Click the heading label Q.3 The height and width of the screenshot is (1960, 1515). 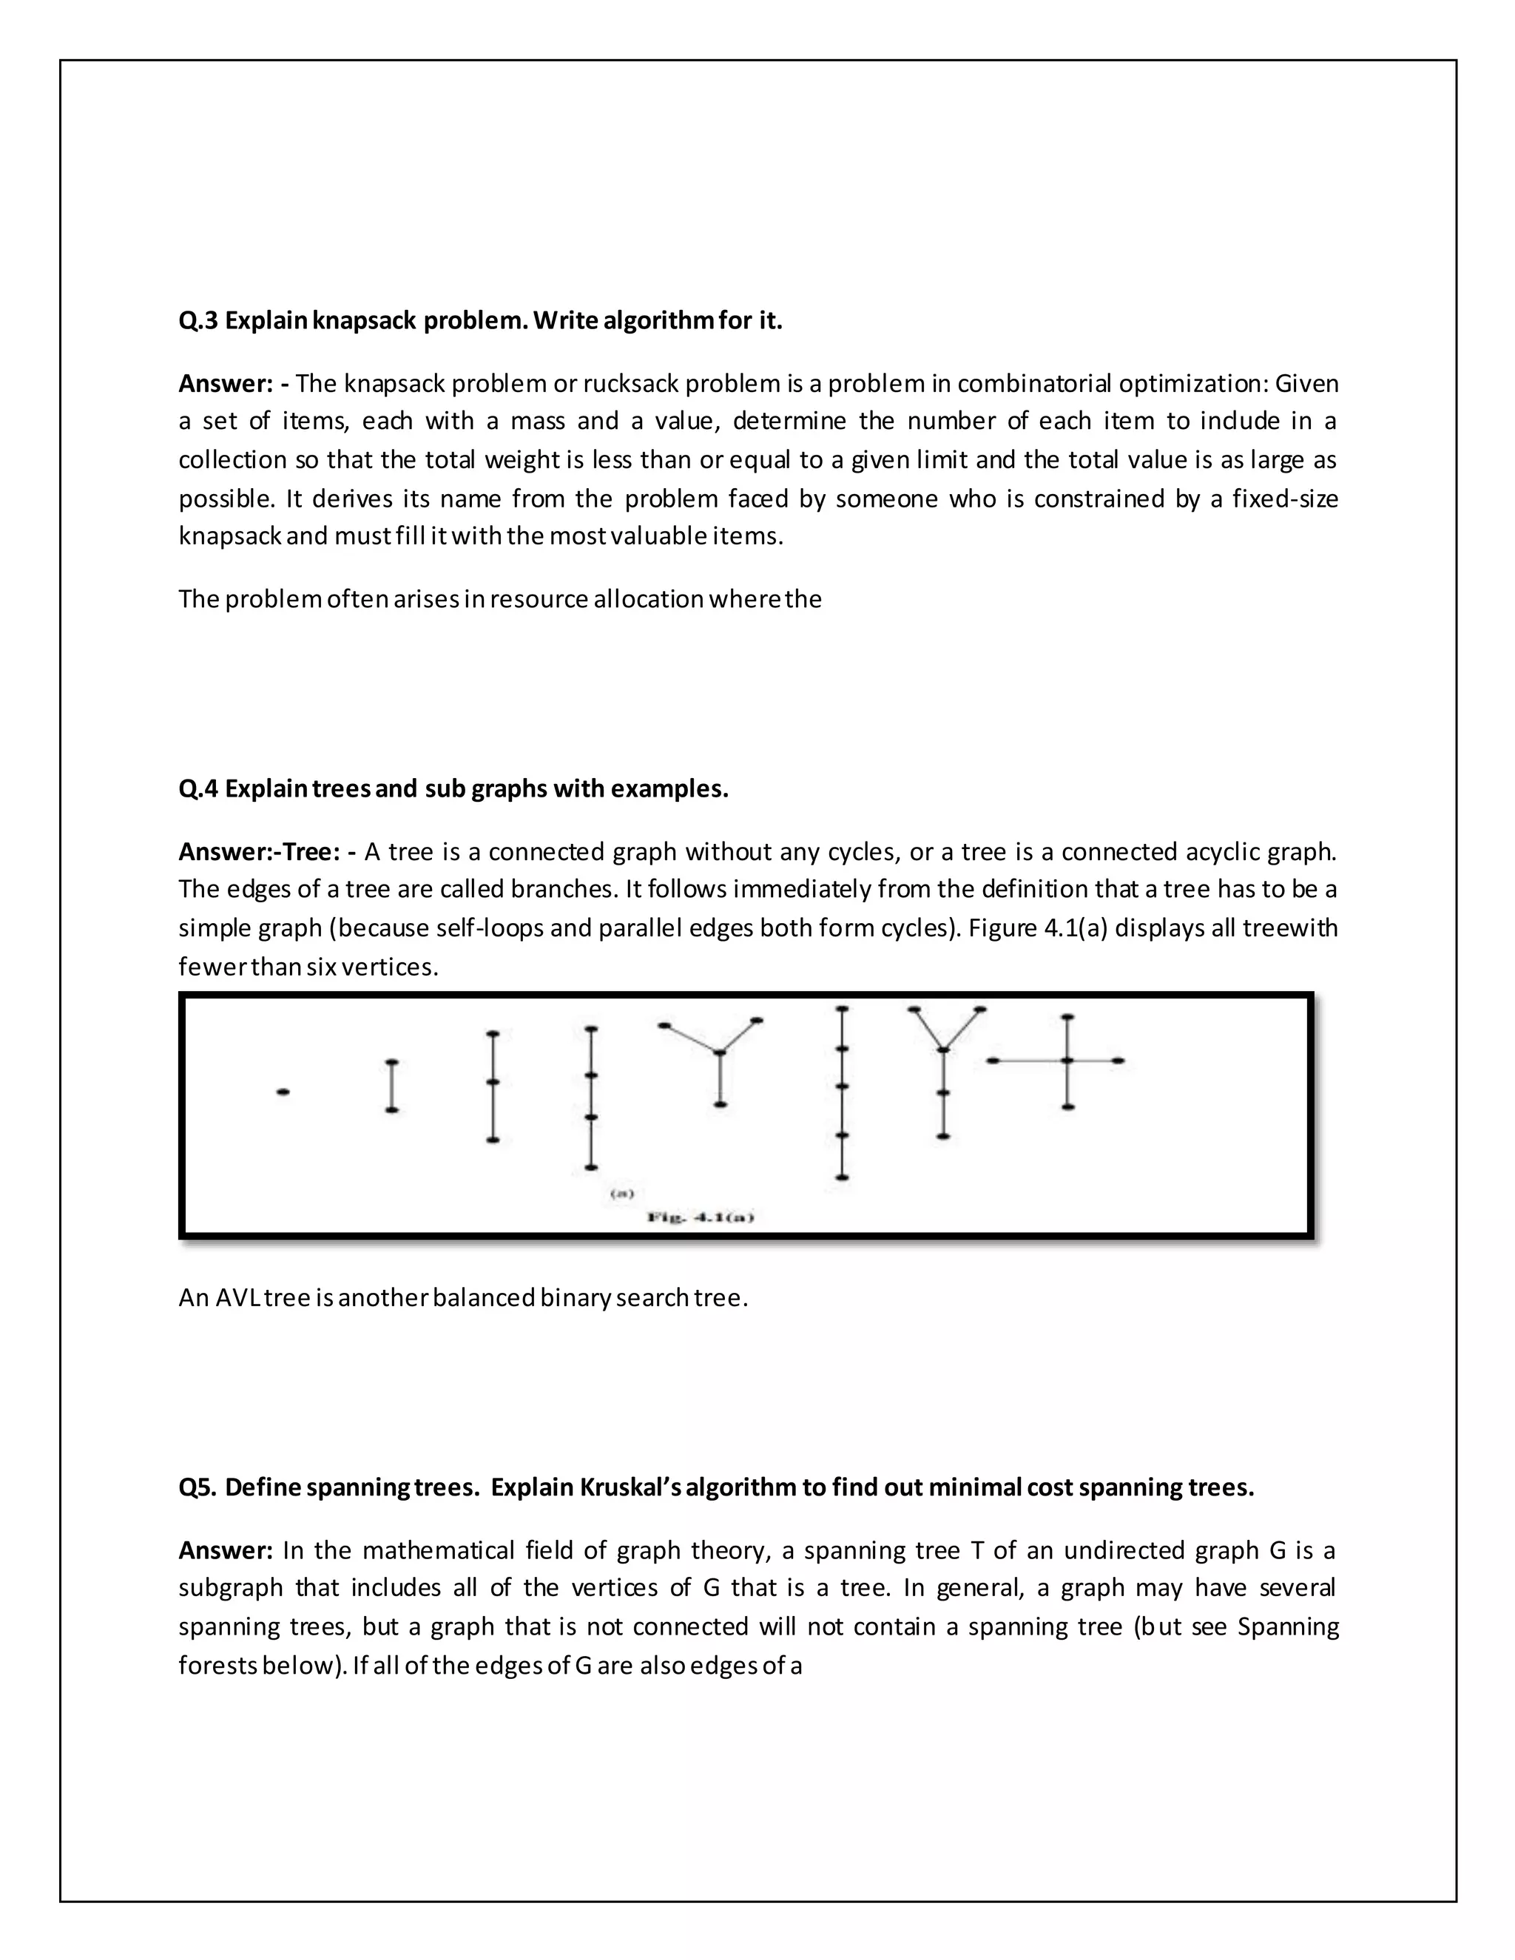[198, 320]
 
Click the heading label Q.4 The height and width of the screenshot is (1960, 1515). [198, 789]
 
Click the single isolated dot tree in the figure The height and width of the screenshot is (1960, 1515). [283, 1092]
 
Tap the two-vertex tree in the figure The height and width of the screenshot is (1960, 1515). [391, 1086]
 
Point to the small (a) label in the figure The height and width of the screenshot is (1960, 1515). [622, 1194]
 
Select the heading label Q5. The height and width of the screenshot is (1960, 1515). [197, 1488]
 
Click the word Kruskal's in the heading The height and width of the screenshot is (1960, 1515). [632, 1488]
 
